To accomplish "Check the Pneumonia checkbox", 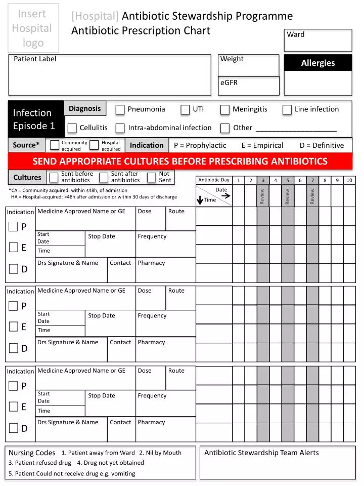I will [120, 110].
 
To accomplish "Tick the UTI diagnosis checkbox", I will [186, 110].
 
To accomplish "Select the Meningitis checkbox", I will [225, 110].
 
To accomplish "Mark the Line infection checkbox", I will [287, 110].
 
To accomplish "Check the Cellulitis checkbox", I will [72, 128].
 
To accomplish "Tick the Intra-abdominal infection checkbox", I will [120, 128].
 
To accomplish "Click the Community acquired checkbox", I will [55, 146].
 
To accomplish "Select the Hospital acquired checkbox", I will [94, 146].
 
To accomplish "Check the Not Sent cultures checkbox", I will [151, 177].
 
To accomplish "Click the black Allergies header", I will [318, 63].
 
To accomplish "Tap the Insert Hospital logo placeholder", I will [32, 28].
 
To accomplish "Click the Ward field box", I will [318, 40].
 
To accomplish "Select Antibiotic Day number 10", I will [349, 180].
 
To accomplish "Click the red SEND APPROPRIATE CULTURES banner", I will [180, 161].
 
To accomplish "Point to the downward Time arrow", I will [200, 200].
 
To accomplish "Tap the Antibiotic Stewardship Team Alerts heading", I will [261, 453].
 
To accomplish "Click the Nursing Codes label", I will [32, 453].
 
